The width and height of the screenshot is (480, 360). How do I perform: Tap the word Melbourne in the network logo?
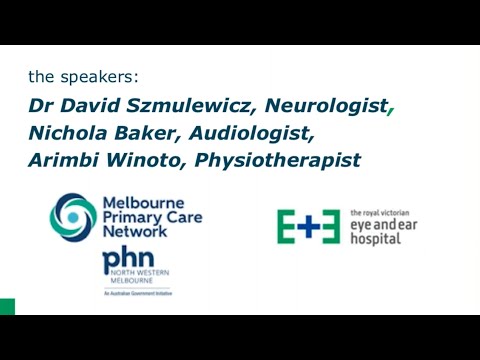pos(142,204)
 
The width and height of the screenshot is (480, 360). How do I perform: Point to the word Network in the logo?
pos(136,235)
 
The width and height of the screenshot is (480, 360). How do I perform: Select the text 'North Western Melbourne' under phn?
pos(127,283)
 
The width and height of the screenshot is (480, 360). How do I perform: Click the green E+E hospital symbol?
pos(310,227)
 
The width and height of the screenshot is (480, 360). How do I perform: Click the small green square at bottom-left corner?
pos(7,306)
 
